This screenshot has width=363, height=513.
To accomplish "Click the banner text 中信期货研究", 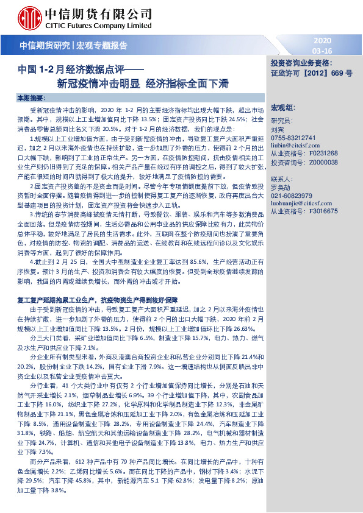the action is coord(45,45).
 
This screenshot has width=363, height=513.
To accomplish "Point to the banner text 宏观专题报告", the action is coord(102,45).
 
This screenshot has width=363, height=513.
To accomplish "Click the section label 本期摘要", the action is coord(31,98).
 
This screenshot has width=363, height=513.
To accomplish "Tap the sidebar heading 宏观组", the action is coord(282,107).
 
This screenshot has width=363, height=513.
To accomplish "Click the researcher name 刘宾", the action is coord(277,130).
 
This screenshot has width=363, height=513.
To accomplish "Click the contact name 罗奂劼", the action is coord(281,188).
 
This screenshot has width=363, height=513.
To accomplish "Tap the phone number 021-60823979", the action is coord(291,196).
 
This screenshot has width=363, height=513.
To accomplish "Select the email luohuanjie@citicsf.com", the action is coord(300,204).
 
